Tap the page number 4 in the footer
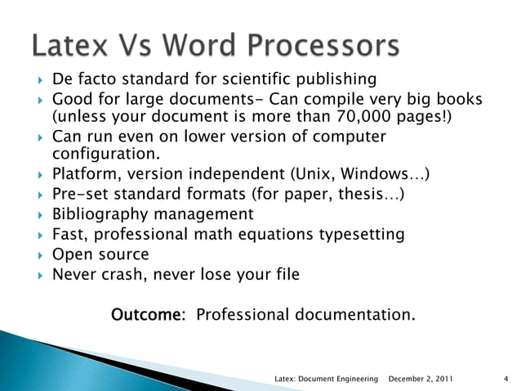(506, 379)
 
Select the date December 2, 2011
(421, 379)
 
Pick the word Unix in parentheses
(314, 174)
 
